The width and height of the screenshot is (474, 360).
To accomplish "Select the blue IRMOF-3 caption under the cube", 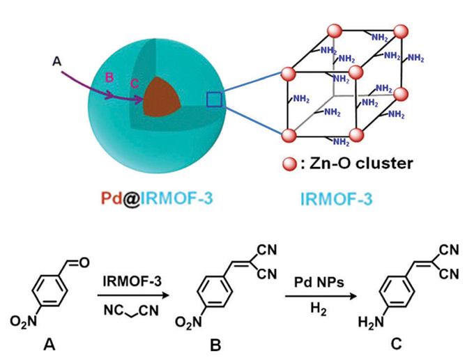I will coord(336,199).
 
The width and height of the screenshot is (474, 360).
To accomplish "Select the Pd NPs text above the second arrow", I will coord(308,281).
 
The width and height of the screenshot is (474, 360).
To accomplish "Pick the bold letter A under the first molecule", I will coord(47,346).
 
